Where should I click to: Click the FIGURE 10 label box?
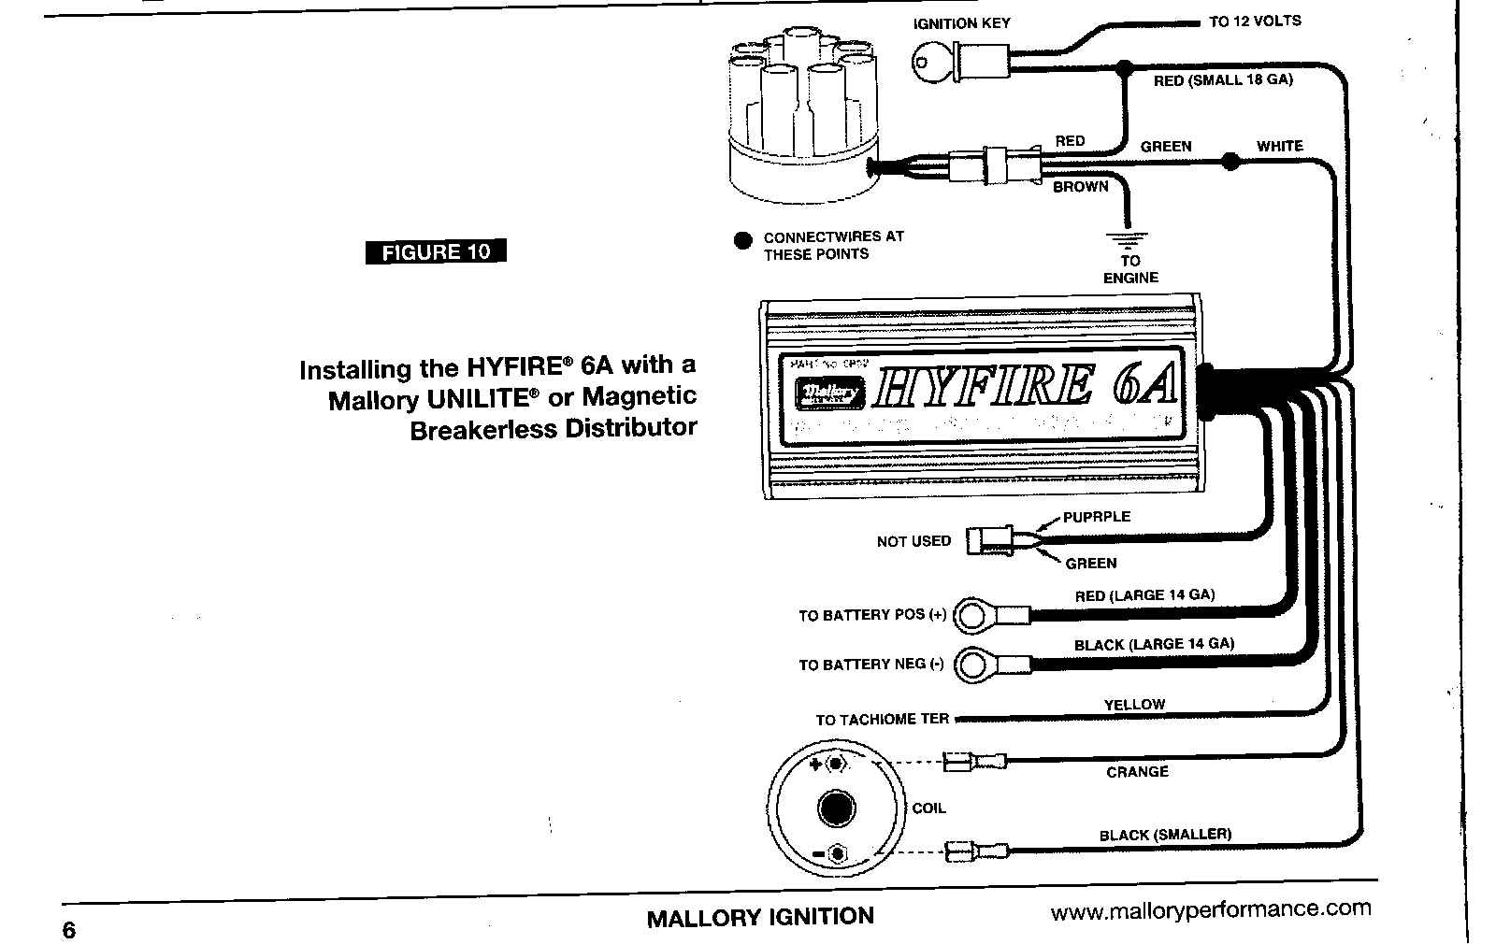(x=436, y=251)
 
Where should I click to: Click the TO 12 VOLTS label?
(x=1255, y=21)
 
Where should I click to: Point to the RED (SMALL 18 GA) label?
(x=1223, y=80)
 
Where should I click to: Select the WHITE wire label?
(x=1279, y=146)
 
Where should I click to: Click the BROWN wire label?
(x=1081, y=187)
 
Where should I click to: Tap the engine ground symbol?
(x=1129, y=238)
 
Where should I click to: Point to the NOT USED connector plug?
(x=988, y=540)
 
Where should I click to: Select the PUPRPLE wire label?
(x=1097, y=517)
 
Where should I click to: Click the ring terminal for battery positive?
(x=973, y=615)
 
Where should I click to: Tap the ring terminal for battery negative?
(x=973, y=665)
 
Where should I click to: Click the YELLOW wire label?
(x=1134, y=705)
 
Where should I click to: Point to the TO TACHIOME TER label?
(x=882, y=720)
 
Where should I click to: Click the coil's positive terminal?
(x=834, y=765)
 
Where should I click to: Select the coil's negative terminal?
(x=836, y=854)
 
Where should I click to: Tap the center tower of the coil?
(x=835, y=808)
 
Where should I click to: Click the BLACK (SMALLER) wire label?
(x=1165, y=835)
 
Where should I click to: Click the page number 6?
(x=69, y=930)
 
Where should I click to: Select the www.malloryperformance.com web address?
(x=1211, y=909)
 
